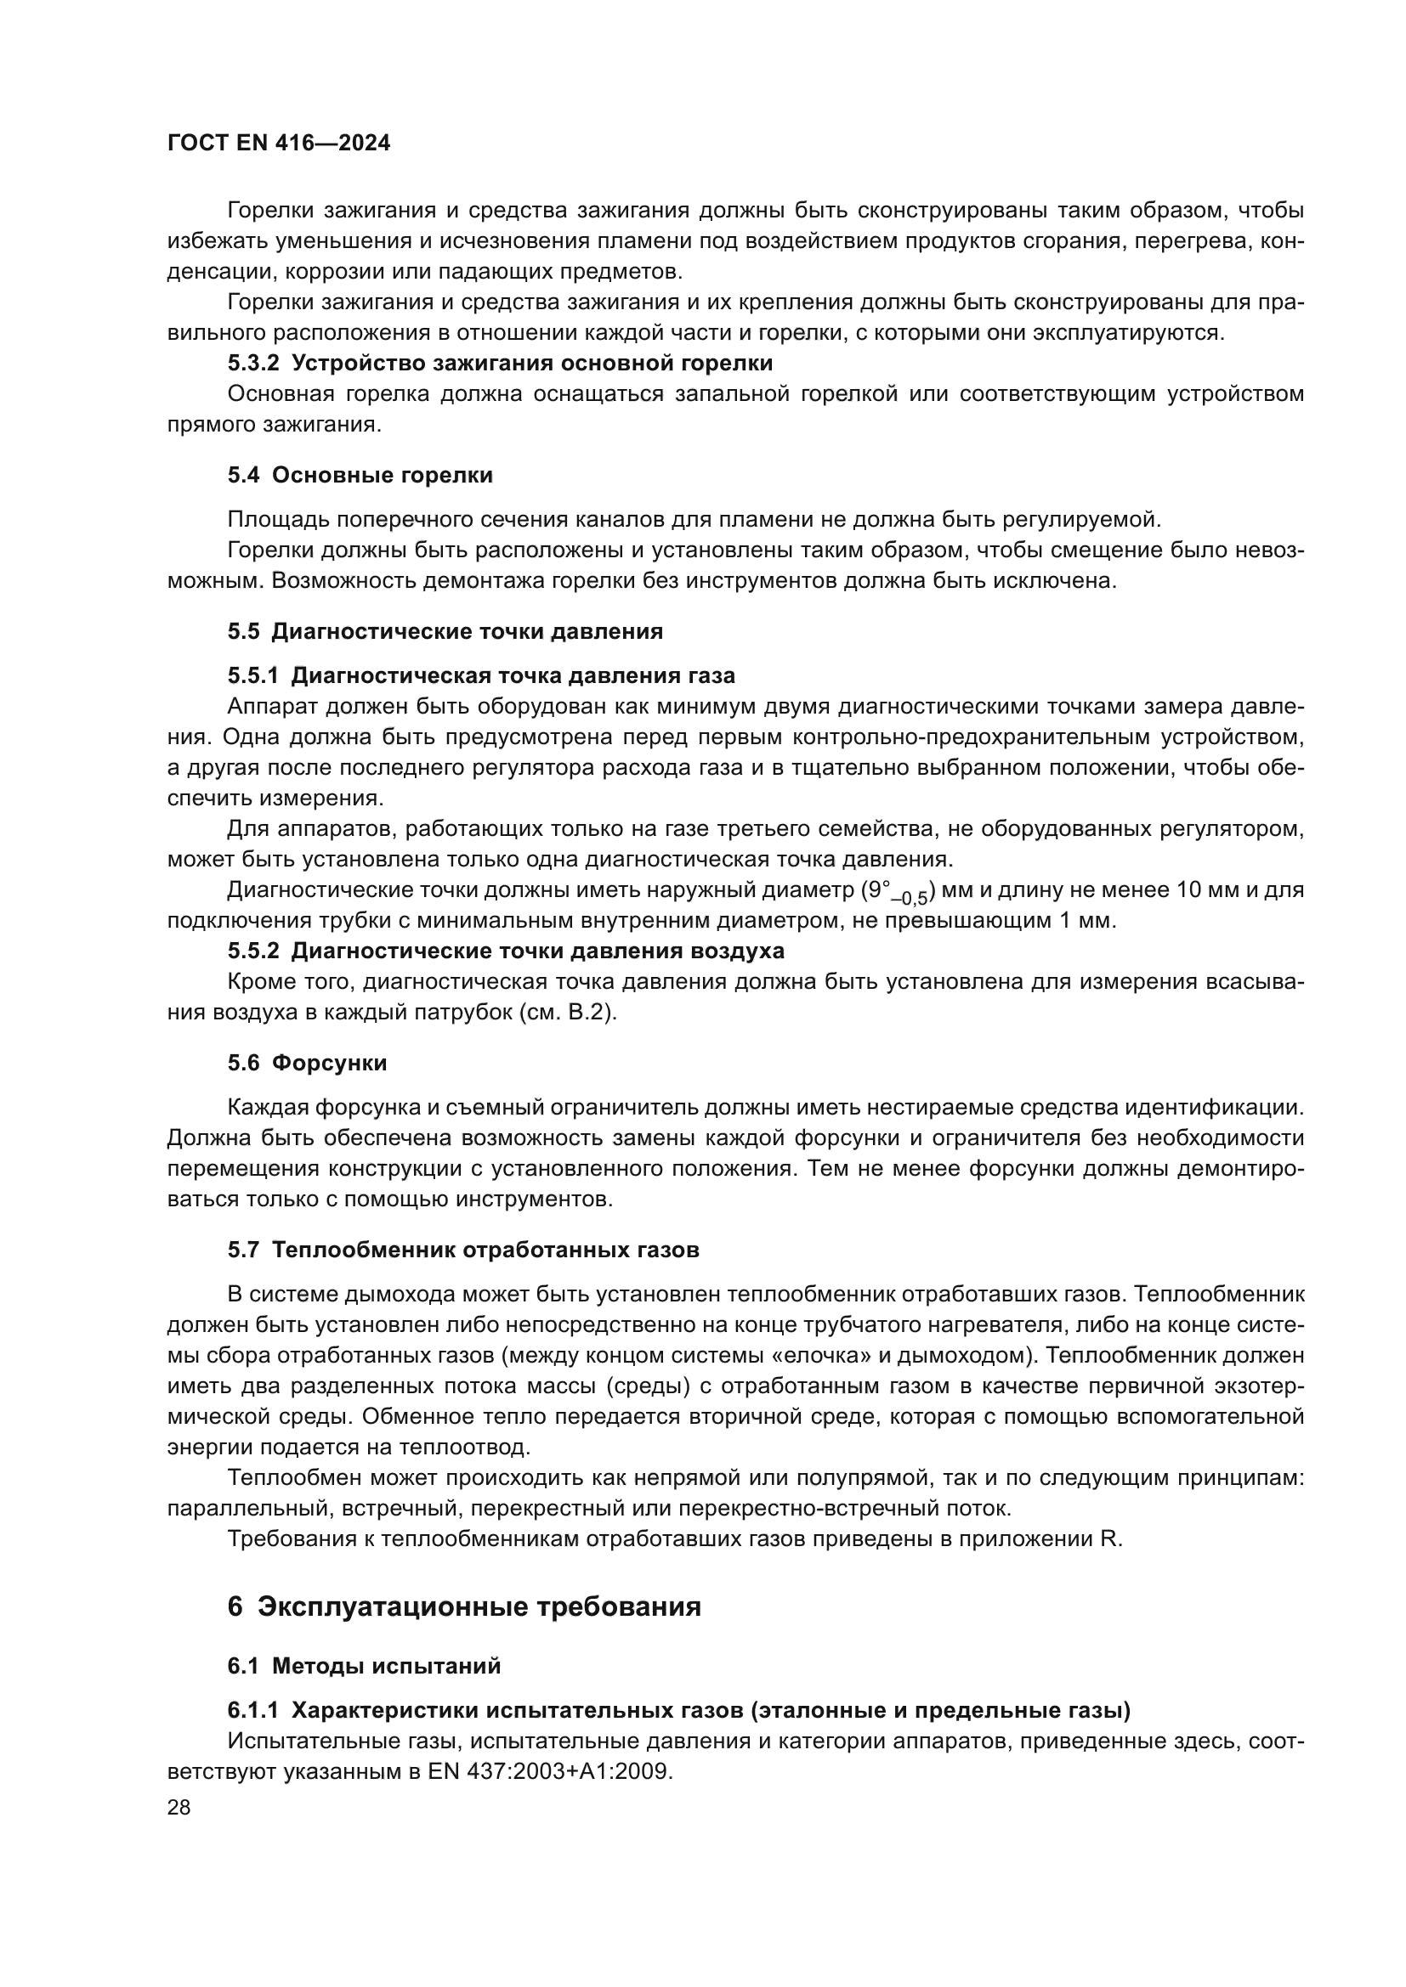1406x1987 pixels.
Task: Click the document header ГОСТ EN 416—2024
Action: pos(278,143)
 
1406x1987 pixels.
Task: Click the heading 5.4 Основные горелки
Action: pos(360,475)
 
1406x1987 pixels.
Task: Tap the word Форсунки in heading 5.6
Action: pos(329,1063)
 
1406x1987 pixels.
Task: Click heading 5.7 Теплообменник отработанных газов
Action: pos(463,1250)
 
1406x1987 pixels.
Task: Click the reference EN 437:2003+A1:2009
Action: pos(549,1771)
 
